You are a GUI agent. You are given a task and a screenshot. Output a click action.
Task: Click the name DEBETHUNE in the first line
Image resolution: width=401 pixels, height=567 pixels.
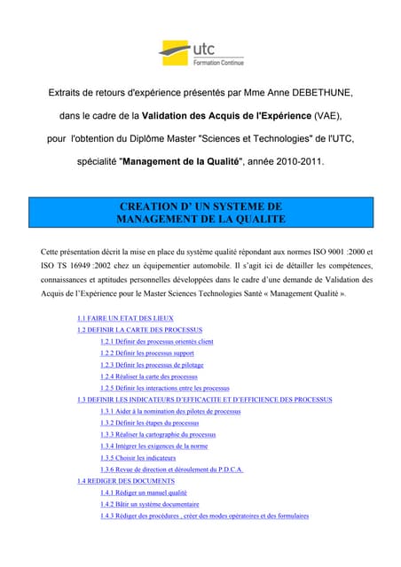[313, 92]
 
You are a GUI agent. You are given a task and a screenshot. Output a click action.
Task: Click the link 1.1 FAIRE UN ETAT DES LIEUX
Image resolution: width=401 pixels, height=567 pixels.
[125, 317]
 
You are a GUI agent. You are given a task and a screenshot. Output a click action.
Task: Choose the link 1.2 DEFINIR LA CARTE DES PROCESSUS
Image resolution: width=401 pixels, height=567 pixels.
[139, 329]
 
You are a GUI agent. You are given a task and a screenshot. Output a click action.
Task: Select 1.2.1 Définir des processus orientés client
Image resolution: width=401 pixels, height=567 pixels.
[156, 341]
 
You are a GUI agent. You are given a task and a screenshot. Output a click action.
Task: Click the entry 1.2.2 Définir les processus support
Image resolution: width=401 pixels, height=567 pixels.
[146, 353]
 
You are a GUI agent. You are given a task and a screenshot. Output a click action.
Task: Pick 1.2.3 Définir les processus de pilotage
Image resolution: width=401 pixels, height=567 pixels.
[153, 364]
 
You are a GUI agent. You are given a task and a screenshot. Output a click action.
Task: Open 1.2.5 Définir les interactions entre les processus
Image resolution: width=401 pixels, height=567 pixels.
[164, 388]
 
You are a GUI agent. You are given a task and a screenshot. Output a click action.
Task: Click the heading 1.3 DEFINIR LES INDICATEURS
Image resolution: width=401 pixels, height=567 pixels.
[204, 400]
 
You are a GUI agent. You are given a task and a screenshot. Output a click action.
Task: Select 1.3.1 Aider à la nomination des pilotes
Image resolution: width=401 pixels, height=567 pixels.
[170, 411]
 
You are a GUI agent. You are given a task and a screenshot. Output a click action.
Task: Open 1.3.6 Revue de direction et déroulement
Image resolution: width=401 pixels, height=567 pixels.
[171, 469]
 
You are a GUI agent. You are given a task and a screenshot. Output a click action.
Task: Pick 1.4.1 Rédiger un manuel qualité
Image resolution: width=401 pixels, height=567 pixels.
[143, 492]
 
